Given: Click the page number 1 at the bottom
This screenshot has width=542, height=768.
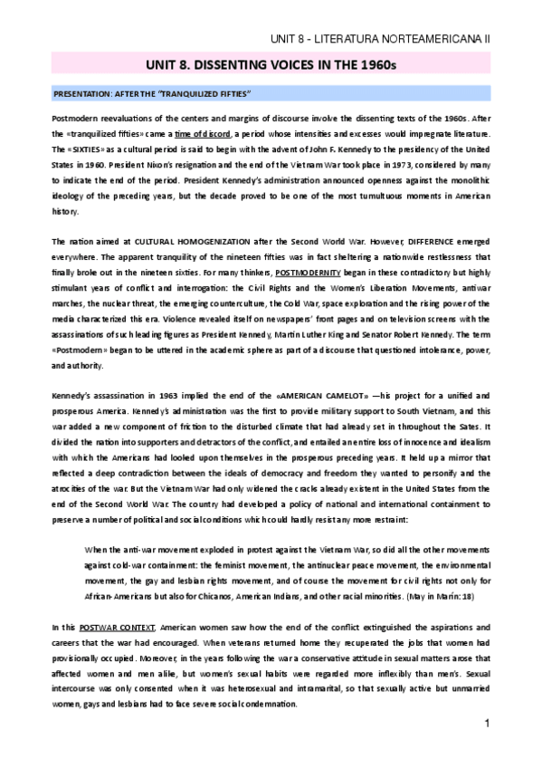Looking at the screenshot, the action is pos(487,725).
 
